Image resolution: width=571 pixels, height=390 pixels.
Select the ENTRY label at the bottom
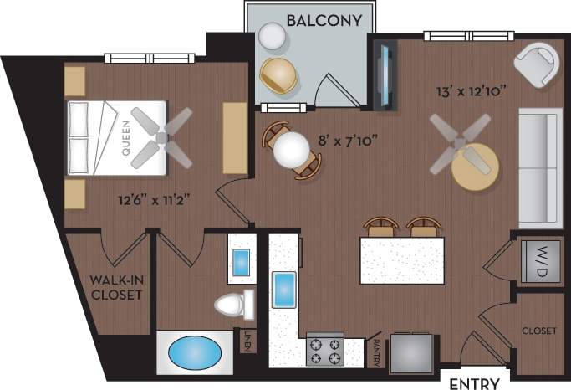point(475,383)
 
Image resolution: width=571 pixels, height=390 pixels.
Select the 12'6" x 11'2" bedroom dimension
point(155,199)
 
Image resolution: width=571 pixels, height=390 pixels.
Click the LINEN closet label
point(248,341)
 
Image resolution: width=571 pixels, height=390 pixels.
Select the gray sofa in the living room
point(538,167)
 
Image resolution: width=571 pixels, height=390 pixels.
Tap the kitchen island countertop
point(401,260)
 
